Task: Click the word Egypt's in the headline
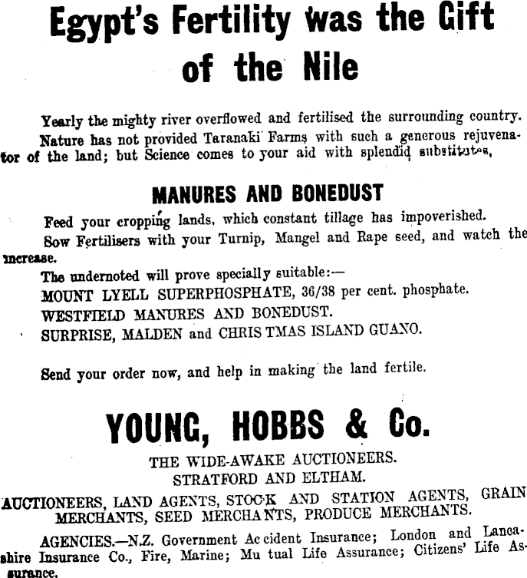(100, 24)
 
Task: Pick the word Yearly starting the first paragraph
(63, 121)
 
